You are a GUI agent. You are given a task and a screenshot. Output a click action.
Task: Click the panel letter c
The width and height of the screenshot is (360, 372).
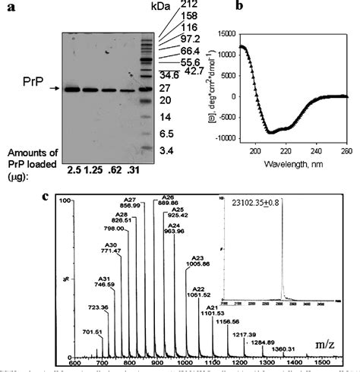pyautogui.click(x=47, y=196)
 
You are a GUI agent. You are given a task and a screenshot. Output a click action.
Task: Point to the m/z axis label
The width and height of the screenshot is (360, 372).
pyautogui.click(x=322, y=345)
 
